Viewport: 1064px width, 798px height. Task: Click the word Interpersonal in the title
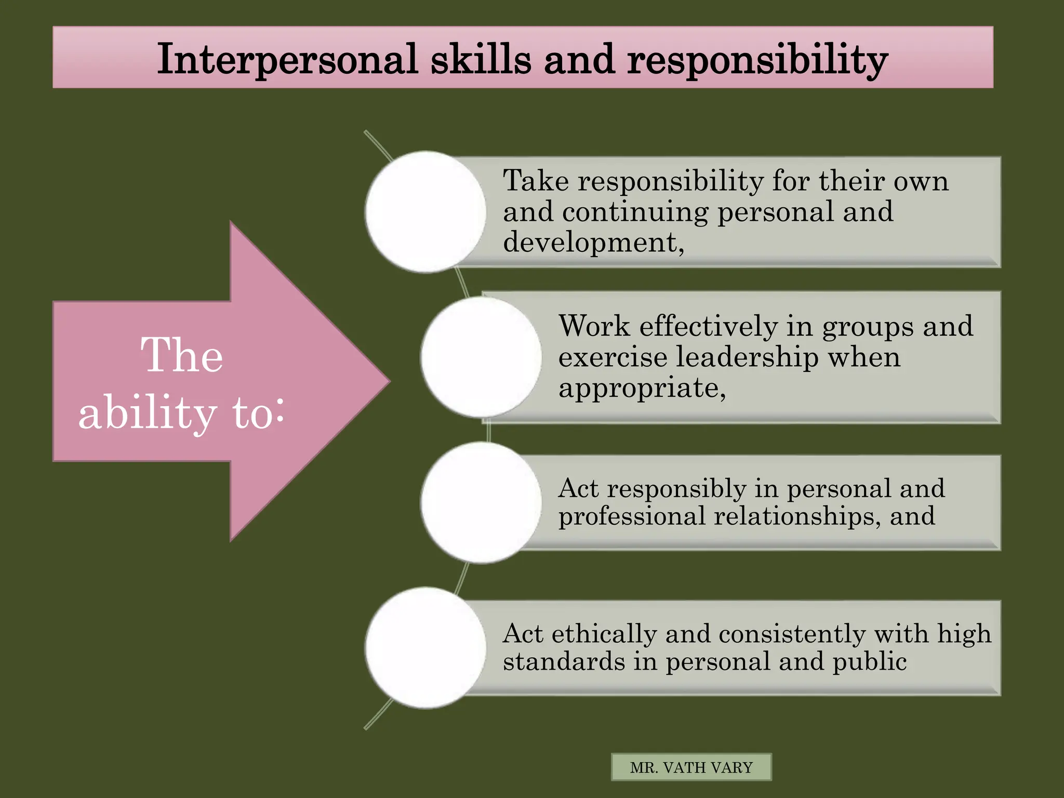coord(287,59)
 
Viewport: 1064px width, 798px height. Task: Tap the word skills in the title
coord(481,59)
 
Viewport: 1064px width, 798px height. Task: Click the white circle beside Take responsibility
coord(425,212)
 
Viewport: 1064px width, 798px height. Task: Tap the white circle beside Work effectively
coord(481,357)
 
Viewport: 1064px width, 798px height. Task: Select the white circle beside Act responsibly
coord(481,502)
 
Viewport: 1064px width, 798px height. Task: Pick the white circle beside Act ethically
coord(425,648)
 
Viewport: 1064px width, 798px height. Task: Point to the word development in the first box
coord(590,242)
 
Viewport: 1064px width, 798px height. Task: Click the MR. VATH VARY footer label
coord(691,767)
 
